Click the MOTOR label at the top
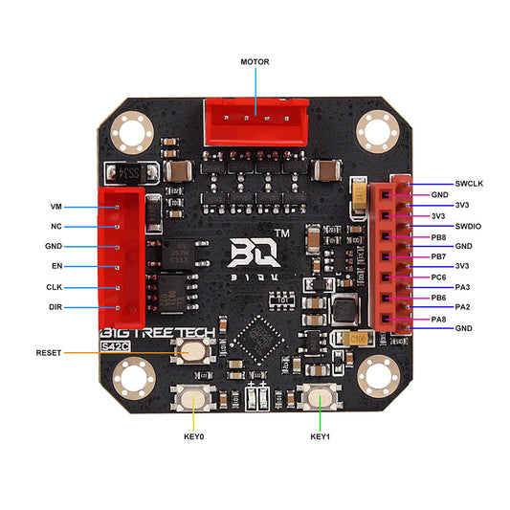(255, 61)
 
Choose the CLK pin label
(55, 287)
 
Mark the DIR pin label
(55, 307)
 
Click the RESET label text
(49, 352)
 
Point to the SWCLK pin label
(470, 183)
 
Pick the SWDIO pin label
(469, 226)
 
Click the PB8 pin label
(466, 236)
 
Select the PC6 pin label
(465, 277)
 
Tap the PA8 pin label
(465, 318)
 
